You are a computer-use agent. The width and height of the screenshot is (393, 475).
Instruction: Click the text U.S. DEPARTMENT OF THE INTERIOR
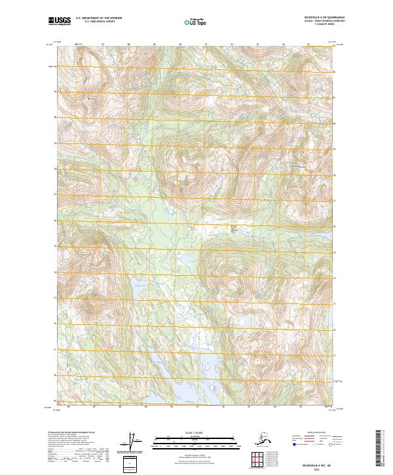tap(99, 20)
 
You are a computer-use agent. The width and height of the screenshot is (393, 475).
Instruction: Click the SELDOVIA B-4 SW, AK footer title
tap(317, 463)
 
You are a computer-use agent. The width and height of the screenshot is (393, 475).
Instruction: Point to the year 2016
tap(317, 467)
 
